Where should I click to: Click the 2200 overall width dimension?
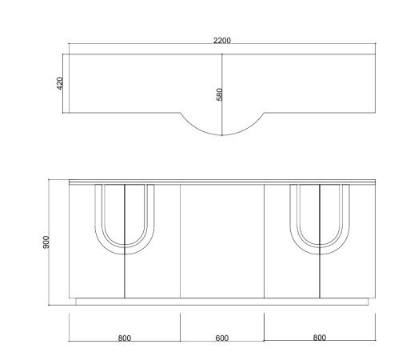pos(222,41)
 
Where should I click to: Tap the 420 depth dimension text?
pos(60,83)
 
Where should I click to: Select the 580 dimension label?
pos(219,94)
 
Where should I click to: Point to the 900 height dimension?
pos(46,242)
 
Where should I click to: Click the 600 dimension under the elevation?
pos(222,338)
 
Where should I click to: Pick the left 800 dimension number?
pos(125,338)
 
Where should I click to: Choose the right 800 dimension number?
pos(320,338)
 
